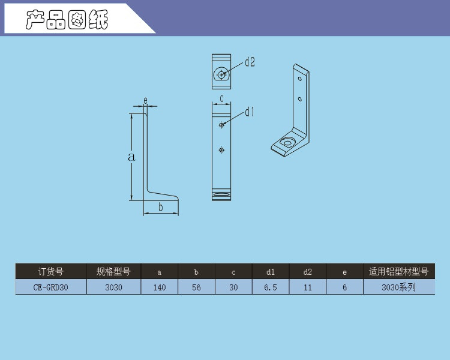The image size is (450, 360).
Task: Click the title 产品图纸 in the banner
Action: (67, 20)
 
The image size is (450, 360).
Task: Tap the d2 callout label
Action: (250, 62)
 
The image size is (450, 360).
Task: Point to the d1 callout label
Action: (250, 112)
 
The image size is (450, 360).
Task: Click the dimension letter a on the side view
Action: (131, 157)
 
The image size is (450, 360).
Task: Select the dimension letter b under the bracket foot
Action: (160, 208)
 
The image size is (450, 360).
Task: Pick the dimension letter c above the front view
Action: (221, 98)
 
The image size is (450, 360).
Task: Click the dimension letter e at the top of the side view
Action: (145, 100)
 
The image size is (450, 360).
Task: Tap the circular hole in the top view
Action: (222, 74)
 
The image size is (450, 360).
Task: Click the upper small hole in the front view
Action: (221, 125)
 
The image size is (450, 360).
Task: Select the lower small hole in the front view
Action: (221, 150)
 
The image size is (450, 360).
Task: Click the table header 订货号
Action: (51, 272)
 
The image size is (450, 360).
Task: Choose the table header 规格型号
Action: (113, 272)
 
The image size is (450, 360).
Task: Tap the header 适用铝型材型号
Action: (398, 272)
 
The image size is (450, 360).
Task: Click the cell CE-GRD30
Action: (51, 287)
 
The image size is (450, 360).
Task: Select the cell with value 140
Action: (159, 287)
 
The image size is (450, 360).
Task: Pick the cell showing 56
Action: (196, 287)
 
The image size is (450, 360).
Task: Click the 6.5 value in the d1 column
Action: (271, 287)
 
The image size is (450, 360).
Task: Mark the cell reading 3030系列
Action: (398, 287)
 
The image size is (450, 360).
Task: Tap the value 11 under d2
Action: (308, 287)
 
